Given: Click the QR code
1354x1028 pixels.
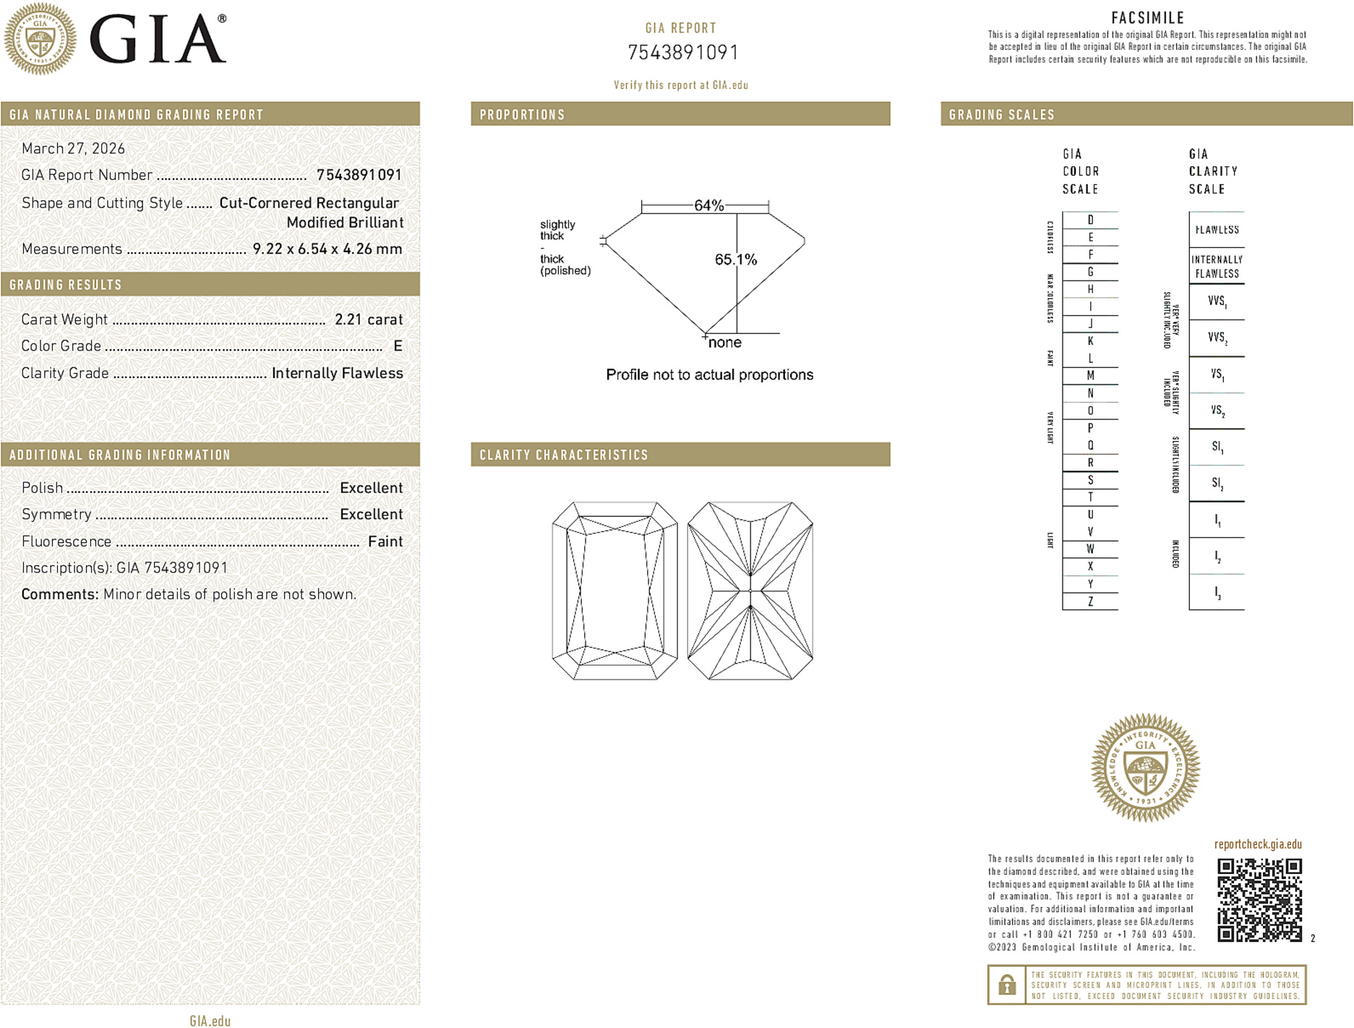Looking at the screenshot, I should (1259, 899).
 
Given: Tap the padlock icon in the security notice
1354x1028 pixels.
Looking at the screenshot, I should (1006, 985).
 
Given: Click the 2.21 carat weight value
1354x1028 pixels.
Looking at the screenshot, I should (369, 320).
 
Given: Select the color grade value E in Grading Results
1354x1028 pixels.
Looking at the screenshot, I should (398, 346).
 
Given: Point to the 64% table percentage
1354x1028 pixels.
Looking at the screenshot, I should (708, 205).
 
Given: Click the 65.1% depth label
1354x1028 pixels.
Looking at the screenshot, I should (735, 260).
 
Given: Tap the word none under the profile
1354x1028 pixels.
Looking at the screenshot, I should (724, 343).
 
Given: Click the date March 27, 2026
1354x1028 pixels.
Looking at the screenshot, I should (73, 149).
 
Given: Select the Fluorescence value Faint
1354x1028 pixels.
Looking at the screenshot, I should (385, 541).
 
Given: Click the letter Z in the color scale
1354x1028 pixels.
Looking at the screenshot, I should (1090, 601).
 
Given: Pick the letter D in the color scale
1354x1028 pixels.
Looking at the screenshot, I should (1090, 220).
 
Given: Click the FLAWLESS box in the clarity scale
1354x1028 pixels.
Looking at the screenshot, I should (1217, 230).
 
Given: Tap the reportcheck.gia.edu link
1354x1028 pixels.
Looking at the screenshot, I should (1258, 844).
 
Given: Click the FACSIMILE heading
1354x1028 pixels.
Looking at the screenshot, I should (1147, 18).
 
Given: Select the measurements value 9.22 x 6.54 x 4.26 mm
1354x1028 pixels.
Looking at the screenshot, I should (327, 249).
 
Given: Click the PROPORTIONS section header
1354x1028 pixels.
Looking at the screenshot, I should (522, 115).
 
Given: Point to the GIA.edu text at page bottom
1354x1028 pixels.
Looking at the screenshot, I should (210, 1021).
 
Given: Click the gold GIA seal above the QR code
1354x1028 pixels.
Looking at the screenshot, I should (1145, 768).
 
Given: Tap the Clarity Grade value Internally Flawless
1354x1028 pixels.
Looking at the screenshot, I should (337, 373).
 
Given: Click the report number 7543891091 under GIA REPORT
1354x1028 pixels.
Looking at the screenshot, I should (682, 53).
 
